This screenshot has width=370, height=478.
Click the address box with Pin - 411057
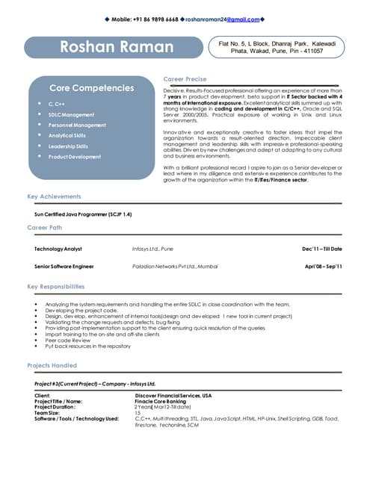277,48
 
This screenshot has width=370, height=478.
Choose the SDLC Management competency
72,114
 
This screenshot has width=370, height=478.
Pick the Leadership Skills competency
68,146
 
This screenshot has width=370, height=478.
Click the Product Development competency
75,157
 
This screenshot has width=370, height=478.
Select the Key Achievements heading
54,196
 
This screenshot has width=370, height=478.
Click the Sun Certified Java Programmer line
83,214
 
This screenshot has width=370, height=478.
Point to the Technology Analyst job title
58,248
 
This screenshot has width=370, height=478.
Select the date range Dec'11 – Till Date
321,248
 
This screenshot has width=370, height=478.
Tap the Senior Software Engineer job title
64,266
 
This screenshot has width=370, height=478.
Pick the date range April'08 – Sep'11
323,266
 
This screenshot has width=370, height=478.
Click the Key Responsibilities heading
56,286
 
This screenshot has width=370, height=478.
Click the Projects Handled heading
52,365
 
